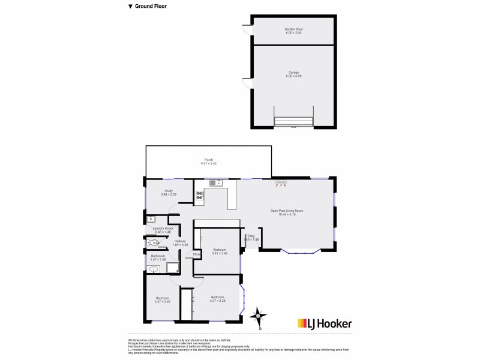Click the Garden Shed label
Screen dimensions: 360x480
pyautogui.click(x=293, y=29)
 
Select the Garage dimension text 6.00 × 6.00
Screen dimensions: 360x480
pyautogui.click(x=293, y=76)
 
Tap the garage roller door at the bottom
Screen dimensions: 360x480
pyautogui.click(x=293, y=122)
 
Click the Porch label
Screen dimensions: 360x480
pyautogui.click(x=208, y=160)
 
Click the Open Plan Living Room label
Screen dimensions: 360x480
pyautogui.click(x=287, y=211)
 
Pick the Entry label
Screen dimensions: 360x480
pyautogui.click(x=251, y=236)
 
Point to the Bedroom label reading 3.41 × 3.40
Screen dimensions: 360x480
pyautogui.click(x=220, y=251)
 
